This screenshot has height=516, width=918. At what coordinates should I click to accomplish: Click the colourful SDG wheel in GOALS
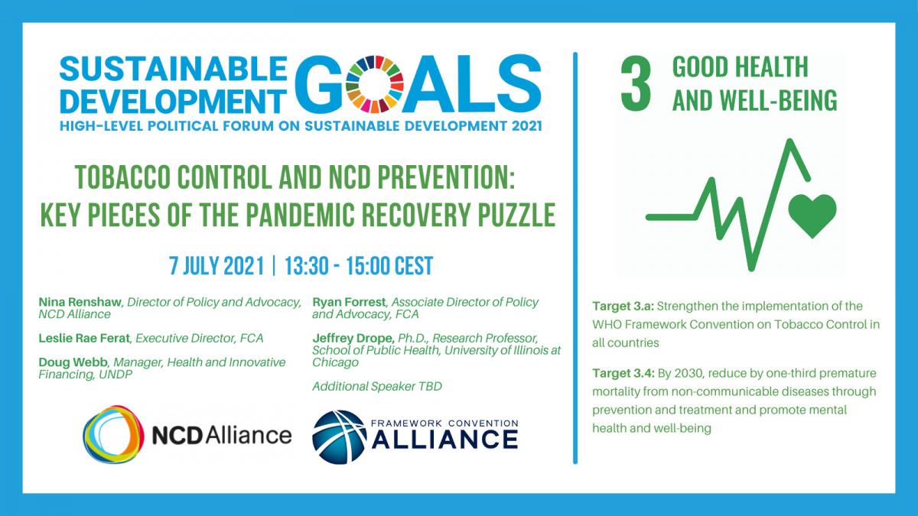coord(374,84)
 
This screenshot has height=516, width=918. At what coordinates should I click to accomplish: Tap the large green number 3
coord(636,83)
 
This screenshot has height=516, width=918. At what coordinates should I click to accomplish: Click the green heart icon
coord(812,216)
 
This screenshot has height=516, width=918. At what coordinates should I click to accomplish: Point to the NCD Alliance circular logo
coord(113,434)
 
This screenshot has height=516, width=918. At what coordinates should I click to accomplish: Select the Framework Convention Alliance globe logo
coord(340,437)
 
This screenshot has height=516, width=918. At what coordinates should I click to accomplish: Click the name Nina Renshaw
coord(80,302)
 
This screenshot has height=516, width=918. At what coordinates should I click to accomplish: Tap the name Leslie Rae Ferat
coord(84,338)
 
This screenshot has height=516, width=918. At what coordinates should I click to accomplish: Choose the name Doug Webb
coord(73,362)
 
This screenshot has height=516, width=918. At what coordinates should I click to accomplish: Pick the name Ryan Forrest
coord(349,302)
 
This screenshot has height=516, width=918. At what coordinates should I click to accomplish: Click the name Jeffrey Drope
coord(353,338)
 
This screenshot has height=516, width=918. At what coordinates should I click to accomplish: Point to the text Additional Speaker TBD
coord(377,387)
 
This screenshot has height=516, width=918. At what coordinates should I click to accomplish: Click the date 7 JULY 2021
coord(216,266)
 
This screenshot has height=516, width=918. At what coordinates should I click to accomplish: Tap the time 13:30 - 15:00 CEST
coord(359,266)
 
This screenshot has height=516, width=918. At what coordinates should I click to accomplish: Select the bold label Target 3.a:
coord(623,307)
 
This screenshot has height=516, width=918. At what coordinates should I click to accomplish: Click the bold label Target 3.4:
coord(623,374)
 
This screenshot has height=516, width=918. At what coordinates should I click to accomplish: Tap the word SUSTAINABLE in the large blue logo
coord(173,68)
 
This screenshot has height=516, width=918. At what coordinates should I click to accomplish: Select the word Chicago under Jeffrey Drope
coord(335,363)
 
